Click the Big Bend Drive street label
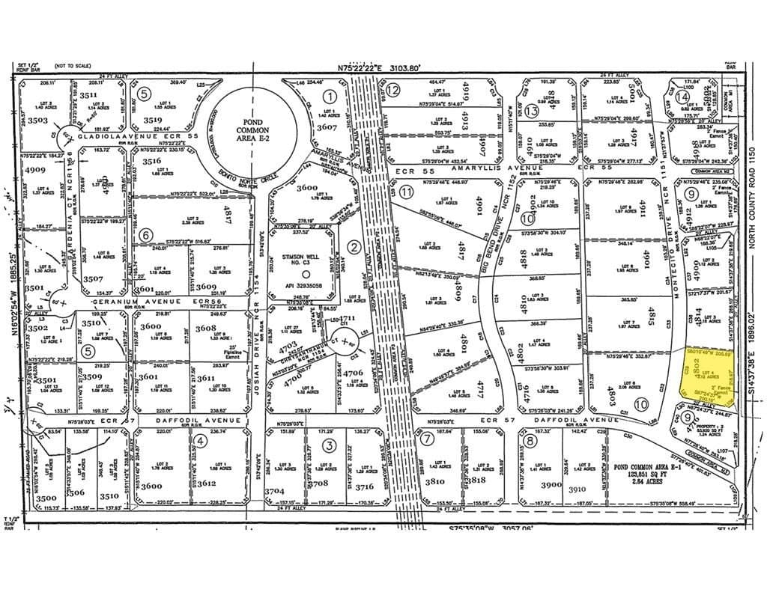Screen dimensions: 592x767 tap(493, 225)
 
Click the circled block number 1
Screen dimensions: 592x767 tap(329, 96)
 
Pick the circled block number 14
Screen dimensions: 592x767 tap(682, 96)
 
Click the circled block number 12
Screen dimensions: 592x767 tap(393, 90)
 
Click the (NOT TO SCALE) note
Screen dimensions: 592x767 tap(71, 67)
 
